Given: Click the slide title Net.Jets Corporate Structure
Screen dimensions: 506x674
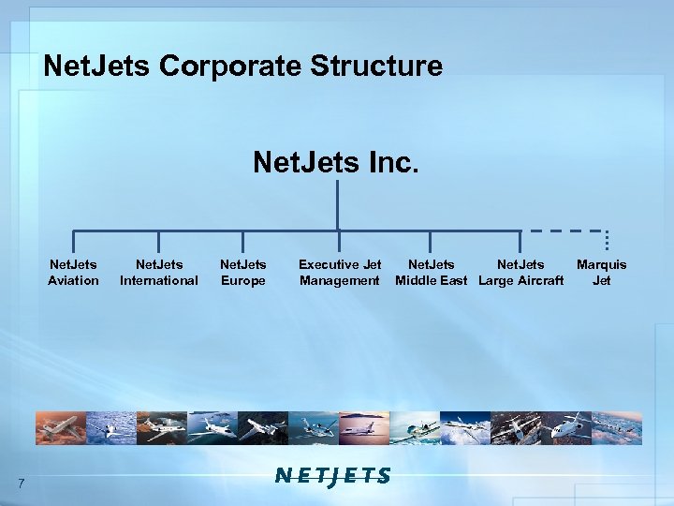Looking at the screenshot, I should (242, 67).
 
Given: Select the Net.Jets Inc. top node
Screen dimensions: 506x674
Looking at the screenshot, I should (336, 162).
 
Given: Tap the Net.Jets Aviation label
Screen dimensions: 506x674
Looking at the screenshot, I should (73, 273).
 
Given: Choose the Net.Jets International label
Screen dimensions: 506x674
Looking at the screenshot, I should (159, 273).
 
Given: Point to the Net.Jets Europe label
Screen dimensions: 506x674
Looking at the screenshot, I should (242, 273).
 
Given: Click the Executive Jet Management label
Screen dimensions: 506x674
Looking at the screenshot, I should (340, 273).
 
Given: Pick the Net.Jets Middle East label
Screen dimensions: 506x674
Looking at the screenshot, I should (431, 273).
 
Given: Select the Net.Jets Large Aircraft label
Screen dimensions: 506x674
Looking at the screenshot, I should (520, 273).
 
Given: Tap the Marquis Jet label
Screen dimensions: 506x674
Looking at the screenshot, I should (602, 273).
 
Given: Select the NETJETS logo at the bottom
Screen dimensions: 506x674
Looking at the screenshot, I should (333, 476).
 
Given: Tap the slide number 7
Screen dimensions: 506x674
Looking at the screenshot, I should (21, 483).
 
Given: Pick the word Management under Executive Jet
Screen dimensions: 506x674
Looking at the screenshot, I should (340, 280).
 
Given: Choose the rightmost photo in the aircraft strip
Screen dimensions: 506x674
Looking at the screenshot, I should (617, 428).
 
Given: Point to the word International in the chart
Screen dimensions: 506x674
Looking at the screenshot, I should (159, 280).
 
